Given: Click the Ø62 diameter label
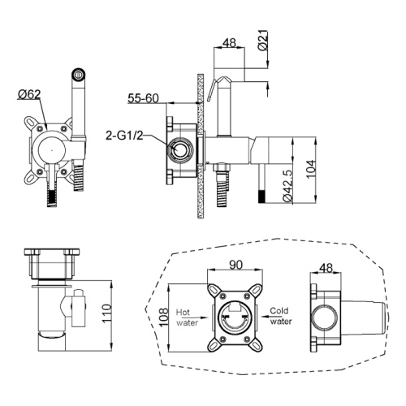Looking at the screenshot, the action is [x=29, y=94].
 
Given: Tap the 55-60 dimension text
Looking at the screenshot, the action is [x=143, y=98].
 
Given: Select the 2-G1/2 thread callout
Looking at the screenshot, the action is [x=124, y=136].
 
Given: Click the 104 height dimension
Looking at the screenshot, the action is [x=311, y=169].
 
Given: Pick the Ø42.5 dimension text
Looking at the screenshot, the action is [x=287, y=186].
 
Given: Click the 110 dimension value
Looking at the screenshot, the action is [x=106, y=313].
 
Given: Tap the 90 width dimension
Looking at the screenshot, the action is [x=235, y=265].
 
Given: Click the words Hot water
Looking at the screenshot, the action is [x=187, y=317].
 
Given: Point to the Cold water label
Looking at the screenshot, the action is [x=281, y=316].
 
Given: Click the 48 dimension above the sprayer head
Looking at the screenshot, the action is [x=229, y=43].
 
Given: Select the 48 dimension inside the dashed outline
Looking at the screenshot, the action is [x=326, y=268].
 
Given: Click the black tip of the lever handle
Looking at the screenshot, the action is [x=261, y=197].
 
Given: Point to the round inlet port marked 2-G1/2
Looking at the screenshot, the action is [x=179, y=149].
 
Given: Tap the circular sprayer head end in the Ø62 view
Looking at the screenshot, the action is [x=79, y=74].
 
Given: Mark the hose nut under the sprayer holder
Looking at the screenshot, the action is [x=222, y=167].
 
